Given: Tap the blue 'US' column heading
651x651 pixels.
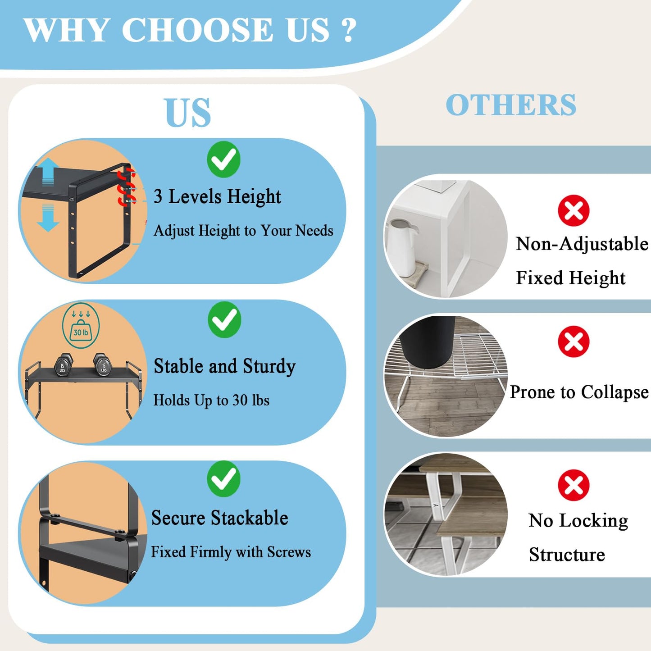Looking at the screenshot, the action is tap(188, 113).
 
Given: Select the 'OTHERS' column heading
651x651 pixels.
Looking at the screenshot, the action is tap(511, 105).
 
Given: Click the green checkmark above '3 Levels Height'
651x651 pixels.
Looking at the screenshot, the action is tap(223, 159).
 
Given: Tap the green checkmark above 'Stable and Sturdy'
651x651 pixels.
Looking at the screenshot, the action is tap(224, 319).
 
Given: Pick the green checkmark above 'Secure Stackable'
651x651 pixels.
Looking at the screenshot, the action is tap(223, 479).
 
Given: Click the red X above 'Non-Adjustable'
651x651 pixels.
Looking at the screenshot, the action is tap(574, 210).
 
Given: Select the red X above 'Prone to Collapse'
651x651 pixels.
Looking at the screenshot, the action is tap(574, 341).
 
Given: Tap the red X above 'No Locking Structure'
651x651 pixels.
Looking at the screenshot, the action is tap(574, 485).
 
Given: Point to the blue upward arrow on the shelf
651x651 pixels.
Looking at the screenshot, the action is tap(48, 172).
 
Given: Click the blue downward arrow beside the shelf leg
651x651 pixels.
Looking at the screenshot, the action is tap(48, 218).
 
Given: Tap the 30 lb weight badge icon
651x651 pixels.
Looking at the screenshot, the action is tap(81, 326).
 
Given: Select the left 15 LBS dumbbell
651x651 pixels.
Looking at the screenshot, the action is tap(63, 365).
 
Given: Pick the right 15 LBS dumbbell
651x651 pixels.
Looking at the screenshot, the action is tap(103, 365).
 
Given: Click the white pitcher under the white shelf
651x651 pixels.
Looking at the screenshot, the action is tap(402, 247).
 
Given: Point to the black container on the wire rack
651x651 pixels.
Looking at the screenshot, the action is tap(428, 341).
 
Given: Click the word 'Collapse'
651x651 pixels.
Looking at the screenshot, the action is tap(615, 392).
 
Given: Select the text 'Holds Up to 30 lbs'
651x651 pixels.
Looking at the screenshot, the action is tap(211, 401).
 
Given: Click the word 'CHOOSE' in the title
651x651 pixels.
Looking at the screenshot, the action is tap(197, 30).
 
